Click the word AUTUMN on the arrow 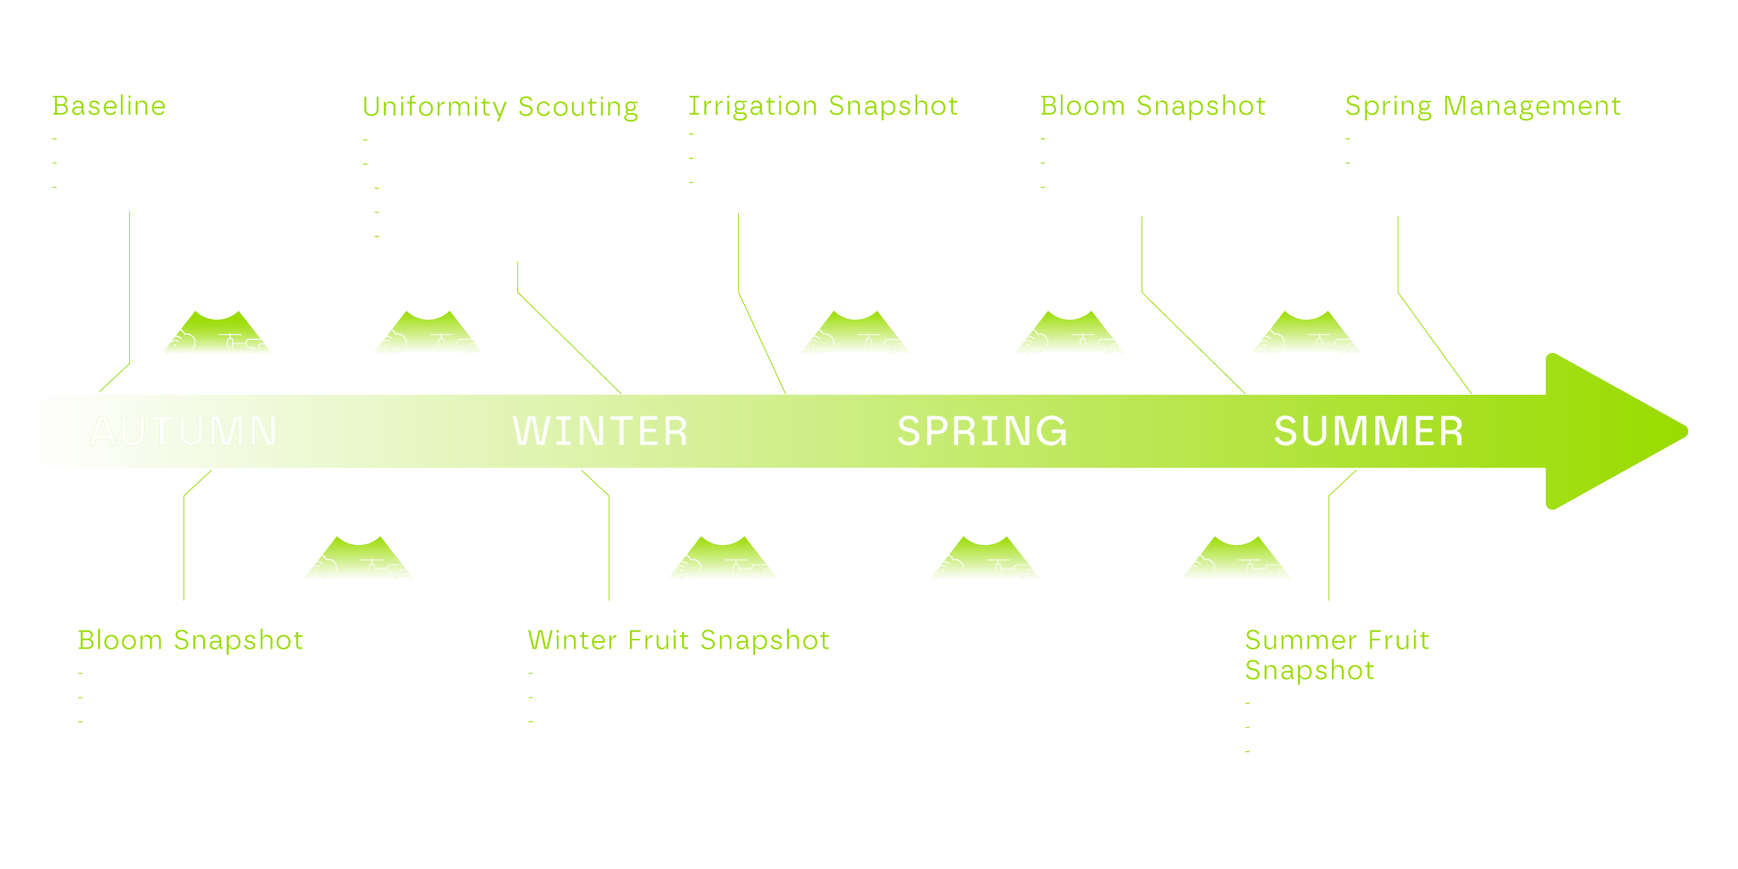pyautogui.click(x=184, y=431)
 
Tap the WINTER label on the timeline pyautogui.click(x=600, y=431)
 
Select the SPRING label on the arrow pyautogui.click(x=982, y=431)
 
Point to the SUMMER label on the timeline pyautogui.click(x=1368, y=431)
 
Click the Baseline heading pyautogui.click(x=109, y=106)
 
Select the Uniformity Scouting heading pyautogui.click(x=500, y=107)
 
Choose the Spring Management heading pyautogui.click(x=1482, y=106)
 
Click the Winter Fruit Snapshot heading pyautogui.click(x=679, y=640)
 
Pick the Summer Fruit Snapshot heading pyautogui.click(x=1336, y=655)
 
